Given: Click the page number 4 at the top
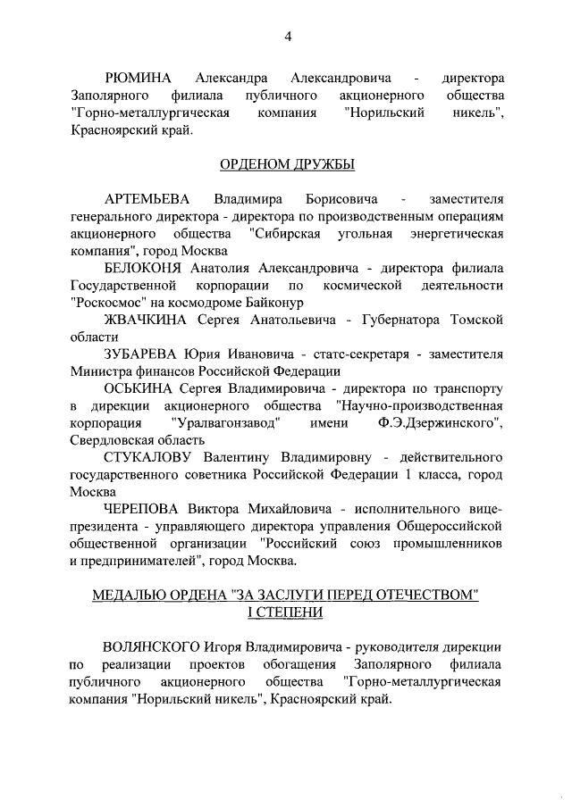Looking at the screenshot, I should point(288,37).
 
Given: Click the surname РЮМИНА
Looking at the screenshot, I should point(139,79).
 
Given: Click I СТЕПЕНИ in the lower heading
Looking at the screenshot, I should point(287,611).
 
